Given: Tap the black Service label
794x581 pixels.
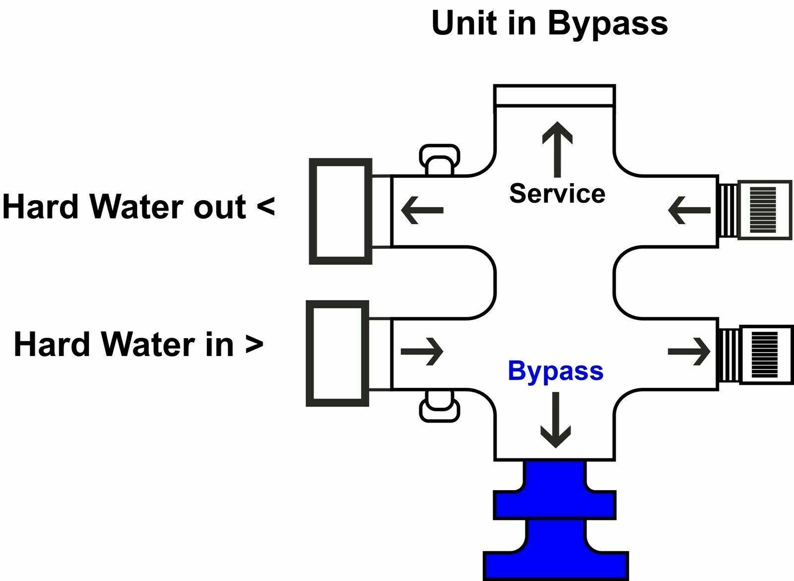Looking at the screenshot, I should tap(557, 193).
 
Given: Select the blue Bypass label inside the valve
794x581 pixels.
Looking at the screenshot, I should tap(555, 371).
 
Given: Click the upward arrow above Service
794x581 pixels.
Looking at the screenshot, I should tap(557, 149).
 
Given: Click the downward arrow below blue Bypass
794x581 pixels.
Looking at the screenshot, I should tap(555, 420).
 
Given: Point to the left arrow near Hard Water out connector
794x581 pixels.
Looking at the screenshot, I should tap(422, 211).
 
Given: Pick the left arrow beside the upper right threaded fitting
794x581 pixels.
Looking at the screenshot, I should tap(689, 211).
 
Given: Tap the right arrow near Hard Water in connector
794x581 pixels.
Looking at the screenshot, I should tap(422, 352).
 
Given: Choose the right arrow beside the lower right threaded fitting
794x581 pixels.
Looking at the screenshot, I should tap(689, 352).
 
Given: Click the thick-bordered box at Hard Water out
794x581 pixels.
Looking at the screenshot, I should tap(340, 211).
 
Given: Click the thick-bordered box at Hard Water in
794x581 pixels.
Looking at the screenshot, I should tap(337, 353).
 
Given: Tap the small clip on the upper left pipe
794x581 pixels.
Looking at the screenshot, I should tap(439, 160).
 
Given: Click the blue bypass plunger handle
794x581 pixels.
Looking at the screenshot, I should tap(555, 521).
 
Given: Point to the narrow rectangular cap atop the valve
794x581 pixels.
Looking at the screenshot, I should tap(555, 95).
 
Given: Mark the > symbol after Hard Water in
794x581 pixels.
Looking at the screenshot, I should tap(254, 344).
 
